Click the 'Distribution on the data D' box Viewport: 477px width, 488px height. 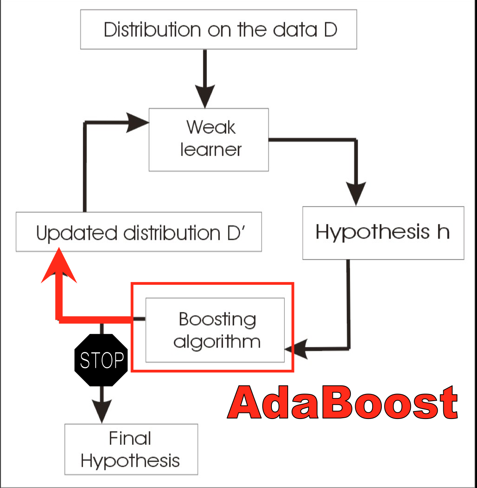pos(218,30)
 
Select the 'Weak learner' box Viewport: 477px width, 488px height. pos(208,139)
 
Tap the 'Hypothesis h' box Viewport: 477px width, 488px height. pos(383,232)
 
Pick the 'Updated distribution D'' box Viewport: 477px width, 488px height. pos(138,232)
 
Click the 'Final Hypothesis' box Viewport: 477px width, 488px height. pos(131,449)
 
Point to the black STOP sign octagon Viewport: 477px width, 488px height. pos(101,360)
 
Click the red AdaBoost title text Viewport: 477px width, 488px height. pos(343,403)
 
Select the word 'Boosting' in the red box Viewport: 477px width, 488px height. pos(217,320)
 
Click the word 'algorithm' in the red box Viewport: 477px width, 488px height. pos(217,341)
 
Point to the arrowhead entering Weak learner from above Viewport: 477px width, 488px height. pos(205,95)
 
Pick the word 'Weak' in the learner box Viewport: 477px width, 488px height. pos(211,128)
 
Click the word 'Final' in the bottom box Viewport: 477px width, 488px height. pos(130,439)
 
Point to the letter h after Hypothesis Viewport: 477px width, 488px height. pos(443,232)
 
